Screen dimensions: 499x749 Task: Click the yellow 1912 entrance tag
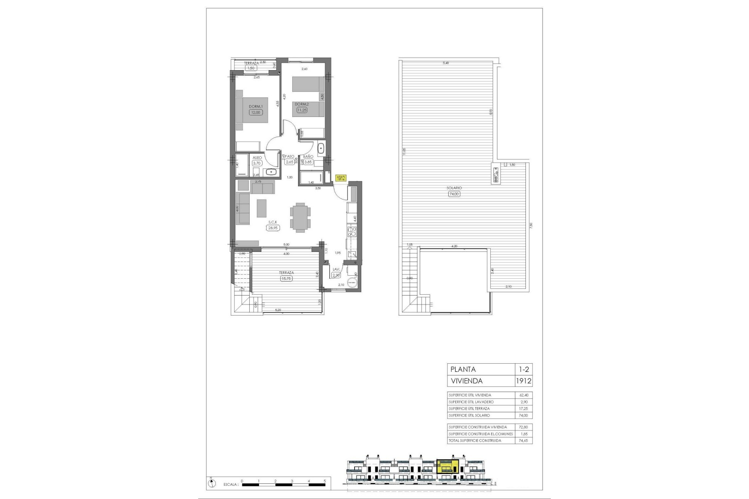tap(341, 178)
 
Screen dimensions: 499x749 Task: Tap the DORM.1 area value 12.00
tap(256, 112)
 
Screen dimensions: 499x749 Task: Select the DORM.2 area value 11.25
tap(302, 110)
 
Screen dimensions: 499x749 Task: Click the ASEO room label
tap(257, 158)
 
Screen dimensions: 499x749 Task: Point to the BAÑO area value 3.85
tap(308, 162)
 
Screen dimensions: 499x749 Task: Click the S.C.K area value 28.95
tap(273, 228)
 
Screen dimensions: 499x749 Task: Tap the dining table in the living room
tap(300, 217)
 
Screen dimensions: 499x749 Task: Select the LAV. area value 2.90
tap(336, 275)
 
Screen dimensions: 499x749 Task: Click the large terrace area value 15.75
tap(286, 278)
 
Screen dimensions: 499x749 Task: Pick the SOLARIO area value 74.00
tap(454, 194)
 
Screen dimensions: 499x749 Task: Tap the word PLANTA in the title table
tap(463, 369)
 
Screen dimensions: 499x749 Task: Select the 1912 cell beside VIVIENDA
tap(523, 381)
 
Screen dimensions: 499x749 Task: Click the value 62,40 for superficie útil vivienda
tap(523, 395)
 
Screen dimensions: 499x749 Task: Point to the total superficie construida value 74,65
tap(523, 441)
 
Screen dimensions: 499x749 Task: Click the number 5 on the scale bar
tap(325, 481)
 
